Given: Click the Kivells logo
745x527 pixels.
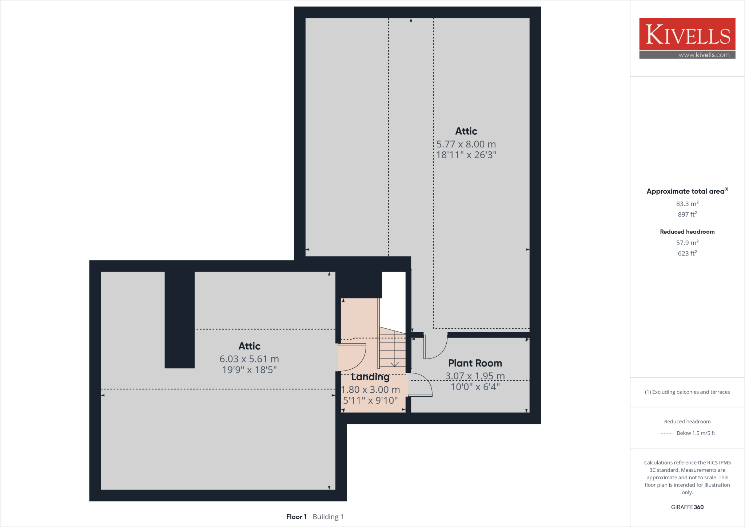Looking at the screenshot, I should (687, 34).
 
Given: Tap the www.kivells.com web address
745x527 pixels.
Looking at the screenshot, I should (704, 55).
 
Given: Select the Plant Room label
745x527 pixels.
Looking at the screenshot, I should (475, 363).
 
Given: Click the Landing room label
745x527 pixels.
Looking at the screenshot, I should (370, 377).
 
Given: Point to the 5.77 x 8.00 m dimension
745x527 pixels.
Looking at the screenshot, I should (466, 144).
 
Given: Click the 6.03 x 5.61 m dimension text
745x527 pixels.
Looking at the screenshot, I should (249, 359).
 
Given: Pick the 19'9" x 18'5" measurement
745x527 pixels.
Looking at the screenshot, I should (249, 370).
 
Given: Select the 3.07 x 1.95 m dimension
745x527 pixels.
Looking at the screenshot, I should (475, 376).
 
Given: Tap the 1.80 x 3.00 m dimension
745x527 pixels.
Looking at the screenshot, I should (370, 390).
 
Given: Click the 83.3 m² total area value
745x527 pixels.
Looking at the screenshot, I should (687, 204).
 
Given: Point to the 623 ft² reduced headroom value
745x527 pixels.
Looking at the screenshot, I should (687, 253).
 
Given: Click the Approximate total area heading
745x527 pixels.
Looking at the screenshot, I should (686, 191).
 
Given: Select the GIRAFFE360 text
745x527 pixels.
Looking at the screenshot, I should (687, 507).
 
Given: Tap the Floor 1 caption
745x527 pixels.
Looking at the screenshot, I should (296, 517).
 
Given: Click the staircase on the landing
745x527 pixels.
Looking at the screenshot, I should (393, 348).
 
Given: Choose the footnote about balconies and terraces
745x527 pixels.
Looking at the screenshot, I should (687, 392).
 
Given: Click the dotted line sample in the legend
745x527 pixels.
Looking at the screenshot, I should (666, 433).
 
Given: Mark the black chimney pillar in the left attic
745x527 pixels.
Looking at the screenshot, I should (179, 320).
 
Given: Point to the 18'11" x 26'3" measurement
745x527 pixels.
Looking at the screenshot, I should (466, 155).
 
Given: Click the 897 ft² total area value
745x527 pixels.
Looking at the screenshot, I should (687, 214).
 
